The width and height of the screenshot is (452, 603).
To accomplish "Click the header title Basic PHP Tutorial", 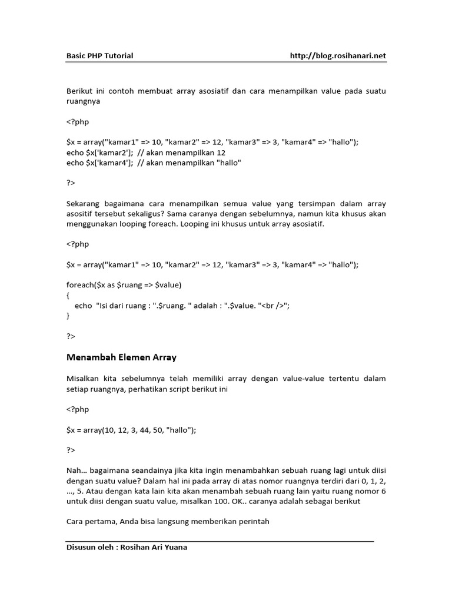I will point(99,56).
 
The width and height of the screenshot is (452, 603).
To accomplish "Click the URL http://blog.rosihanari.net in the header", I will point(338,56).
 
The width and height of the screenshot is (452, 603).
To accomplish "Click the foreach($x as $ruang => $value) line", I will point(124,285).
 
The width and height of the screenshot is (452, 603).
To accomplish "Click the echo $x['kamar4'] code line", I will point(154,163).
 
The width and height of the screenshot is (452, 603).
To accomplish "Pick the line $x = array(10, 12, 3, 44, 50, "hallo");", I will point(131,430).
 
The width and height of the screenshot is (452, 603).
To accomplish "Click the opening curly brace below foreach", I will point(68,295).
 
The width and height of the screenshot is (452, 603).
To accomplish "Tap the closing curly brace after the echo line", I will point(68,316).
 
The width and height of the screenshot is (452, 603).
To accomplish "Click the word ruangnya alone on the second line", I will point(83,101).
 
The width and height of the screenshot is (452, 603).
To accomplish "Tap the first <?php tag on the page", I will point(77,122).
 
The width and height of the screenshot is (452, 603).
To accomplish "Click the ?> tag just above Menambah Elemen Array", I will point(71,336).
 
